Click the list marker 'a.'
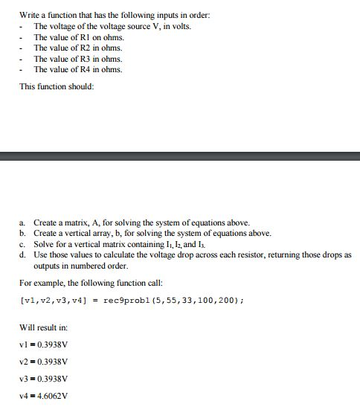click(x=23, y=222)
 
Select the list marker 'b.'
click(x=23, y=233)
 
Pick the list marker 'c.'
click(x=23, y=243)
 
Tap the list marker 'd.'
click(x=23, y=254)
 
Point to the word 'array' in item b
click(x=99, y=233)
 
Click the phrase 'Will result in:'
click(x=41, y=327)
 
